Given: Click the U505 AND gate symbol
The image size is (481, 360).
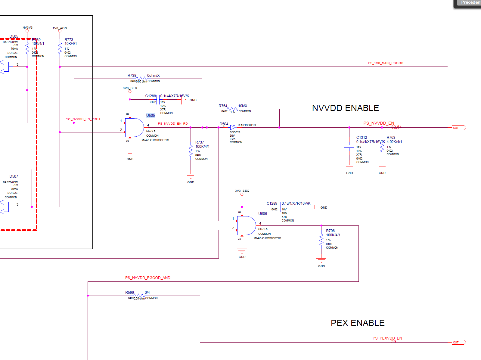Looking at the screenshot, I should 134,128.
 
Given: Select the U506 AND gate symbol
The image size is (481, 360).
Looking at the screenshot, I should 246,225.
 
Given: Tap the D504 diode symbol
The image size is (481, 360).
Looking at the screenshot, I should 233,128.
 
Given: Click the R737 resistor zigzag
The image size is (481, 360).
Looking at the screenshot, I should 191,151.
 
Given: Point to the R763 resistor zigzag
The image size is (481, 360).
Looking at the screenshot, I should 382,147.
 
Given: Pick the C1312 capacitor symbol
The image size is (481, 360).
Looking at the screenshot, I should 349,146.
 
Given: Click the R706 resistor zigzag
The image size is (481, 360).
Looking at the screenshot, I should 321,240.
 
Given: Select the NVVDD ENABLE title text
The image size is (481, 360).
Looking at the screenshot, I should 345,108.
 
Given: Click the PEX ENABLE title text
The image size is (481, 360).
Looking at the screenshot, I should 358,323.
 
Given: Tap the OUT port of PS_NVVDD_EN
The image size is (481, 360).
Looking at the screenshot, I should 459,128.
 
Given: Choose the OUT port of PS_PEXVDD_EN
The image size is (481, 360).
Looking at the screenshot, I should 459,342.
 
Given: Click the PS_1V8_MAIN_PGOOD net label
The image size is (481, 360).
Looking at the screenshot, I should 386,63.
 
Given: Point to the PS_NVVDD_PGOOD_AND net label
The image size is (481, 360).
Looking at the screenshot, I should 148,278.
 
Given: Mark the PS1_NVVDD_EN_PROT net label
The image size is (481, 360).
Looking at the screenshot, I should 82,119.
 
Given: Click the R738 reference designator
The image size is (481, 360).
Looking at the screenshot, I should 132,76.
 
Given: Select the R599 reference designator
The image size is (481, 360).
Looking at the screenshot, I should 129,293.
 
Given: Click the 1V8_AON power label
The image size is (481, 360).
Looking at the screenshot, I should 60,28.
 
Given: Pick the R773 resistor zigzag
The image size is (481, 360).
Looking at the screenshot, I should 60,48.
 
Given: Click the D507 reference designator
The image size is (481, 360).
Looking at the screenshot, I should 14,176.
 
